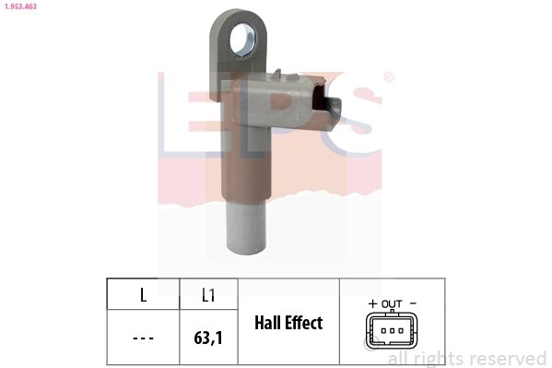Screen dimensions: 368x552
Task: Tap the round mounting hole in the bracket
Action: [243, 38]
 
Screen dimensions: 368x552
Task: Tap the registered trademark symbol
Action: [388, 77]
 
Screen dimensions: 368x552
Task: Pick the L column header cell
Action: [143, 295]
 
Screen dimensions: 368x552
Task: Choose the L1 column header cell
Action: [208, 295]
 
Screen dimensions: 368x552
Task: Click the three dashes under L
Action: [143, 338]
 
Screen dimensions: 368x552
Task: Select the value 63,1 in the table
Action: [209, 338]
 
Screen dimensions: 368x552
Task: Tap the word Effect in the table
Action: [303, 323]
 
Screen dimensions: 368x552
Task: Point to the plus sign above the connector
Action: [372, 303]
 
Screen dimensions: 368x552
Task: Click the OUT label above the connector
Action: [392, 303]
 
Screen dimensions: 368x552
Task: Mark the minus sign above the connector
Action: [412, 303]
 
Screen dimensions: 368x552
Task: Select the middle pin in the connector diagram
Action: [392, 331]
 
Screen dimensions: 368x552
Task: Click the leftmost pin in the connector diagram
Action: [382, 331]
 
